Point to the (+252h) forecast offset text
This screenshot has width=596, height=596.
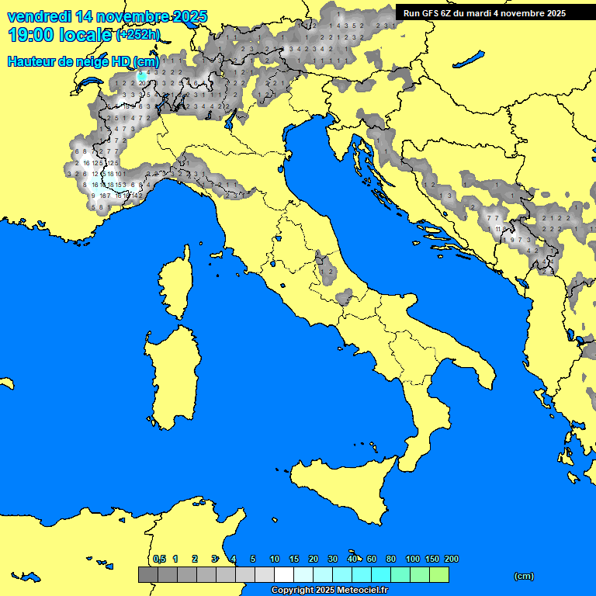click(x=138, y=35)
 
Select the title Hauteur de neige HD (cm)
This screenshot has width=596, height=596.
click(x=83, y=61)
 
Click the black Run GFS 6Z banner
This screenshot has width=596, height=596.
click(x=495, y=13)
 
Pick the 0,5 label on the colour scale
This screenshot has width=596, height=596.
click(x=159, y=559)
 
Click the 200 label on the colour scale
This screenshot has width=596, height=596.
click(x=451, y=559)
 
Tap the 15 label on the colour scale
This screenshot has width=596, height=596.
click(x=294, y=559)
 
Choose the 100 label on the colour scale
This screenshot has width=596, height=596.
click(x=413, y=559)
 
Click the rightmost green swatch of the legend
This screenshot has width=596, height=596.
click(x=438, y=575)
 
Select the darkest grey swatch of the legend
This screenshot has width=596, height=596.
click(x=147, y=575)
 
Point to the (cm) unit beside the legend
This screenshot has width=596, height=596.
click(x=524, y=576)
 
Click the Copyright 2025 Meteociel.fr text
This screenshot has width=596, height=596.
click(x=328, y=590)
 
